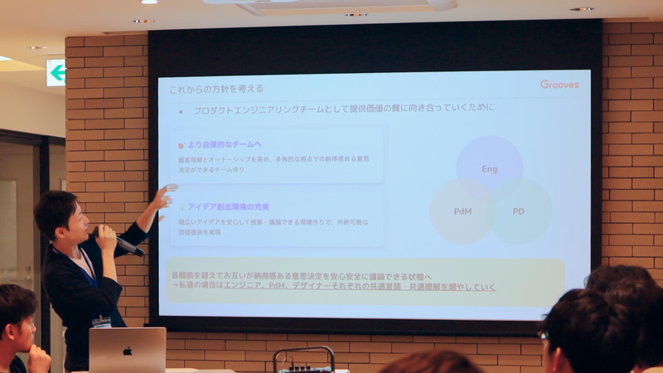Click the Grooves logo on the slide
coord(559,85)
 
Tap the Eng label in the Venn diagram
coord(489,169)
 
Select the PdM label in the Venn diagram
coord(462,211)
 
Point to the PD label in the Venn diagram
coord(518,211)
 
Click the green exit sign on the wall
coord(56,73)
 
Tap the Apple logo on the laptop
coord(128,351)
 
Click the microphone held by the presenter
coord(124,245)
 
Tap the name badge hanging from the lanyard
coord(101,322)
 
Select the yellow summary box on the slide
coord(365,281)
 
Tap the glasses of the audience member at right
coord(544,336)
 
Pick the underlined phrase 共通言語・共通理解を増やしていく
coord(431,287)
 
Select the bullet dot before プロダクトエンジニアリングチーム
coord(181,109)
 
